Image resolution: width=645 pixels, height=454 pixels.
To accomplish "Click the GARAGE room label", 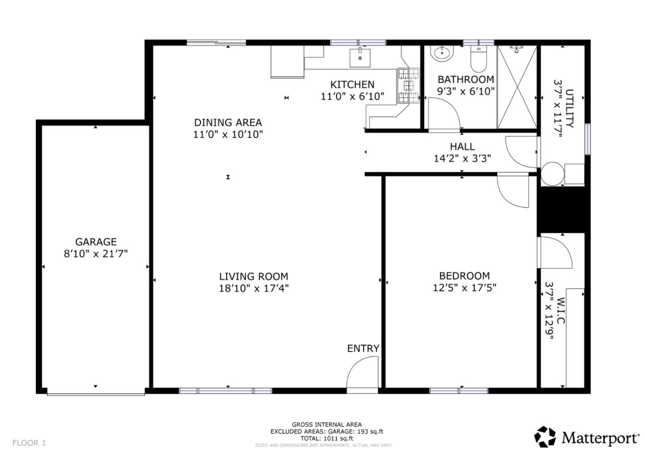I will point(96,242).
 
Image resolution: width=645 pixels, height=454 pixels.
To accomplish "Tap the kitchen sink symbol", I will point(360,57).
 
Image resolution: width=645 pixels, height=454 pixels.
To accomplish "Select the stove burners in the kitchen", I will point(408,86).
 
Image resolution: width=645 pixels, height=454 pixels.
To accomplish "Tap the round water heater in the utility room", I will point(552,173).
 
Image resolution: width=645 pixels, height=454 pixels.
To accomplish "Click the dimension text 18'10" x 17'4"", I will point(254,288).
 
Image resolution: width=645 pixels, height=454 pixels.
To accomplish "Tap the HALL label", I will point(462,146).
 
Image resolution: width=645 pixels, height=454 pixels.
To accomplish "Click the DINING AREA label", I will point(228,122).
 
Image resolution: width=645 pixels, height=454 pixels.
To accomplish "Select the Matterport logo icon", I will point(545,437).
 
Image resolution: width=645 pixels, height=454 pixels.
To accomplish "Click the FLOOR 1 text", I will point(29,443).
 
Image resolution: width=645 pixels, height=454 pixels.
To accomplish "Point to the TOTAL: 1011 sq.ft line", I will point(327,438).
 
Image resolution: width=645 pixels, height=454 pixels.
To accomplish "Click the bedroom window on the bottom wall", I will point(459,390).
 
